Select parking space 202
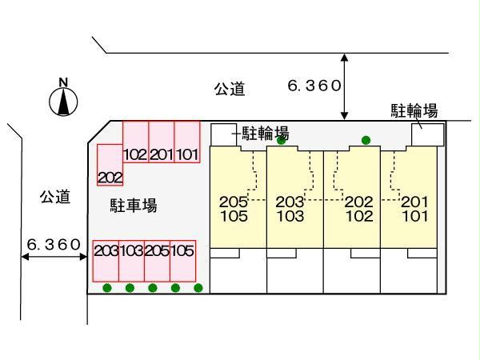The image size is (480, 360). tap(110, 165)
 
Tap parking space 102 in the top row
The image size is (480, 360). tap(136, 143)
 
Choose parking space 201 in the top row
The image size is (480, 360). tap(162, 143)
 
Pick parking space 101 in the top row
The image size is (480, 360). tap(187, 143)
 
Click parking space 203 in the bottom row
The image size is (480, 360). tap(106, 261)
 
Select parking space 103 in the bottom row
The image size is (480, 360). tap(131, 261)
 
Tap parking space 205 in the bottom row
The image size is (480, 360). tap(157, 261)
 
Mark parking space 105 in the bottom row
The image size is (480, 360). tap(182, 261)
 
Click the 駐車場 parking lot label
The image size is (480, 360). tap(133, 206)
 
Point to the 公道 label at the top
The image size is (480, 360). tap(229, 90)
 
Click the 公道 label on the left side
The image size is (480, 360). tap(55, 197)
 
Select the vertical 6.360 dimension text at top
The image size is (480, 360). tap(315, 85)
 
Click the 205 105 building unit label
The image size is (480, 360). tap(233, 210)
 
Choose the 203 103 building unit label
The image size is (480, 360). tap(290, 210)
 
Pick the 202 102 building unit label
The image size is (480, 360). tap(359, 210)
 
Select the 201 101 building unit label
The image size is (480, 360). tap(414, 210)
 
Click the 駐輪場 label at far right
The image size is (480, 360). tap(414, 110)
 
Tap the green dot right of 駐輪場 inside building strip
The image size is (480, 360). tap(366, 141)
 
